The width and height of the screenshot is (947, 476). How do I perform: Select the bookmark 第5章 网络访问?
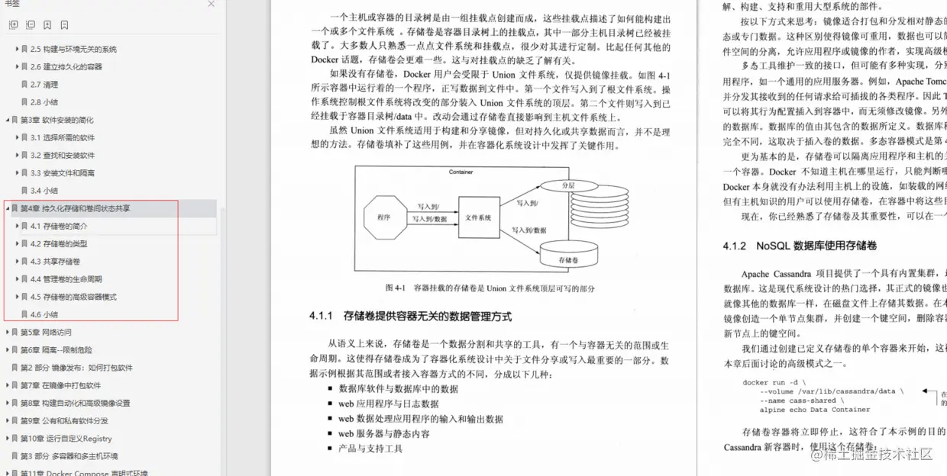pyautogui.click(x=46, y=333)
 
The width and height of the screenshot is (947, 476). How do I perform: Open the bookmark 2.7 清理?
pyautogui.click(x=44, y=85)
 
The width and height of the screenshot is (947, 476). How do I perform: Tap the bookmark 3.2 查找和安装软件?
pyautogui.click(x=63, y=156)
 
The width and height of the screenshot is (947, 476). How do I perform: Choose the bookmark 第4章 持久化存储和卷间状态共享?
pyautogui.click(x=75, y=208)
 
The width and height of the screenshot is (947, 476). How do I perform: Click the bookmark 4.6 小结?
pyautogui.click(x=44, y=314)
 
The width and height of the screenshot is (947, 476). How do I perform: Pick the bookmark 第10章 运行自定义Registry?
pyautogui.click(x=66, y=439)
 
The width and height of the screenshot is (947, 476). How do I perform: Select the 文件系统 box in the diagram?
pyautogui.click(x=478, y=218)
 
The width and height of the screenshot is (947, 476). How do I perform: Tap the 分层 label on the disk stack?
pyautogui.click(x=567, y=185)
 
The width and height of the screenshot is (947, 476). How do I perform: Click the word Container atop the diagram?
pyautogui.click(x=461, y=172)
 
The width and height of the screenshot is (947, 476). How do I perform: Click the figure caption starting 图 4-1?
pyautogui.click(x=490, y=288)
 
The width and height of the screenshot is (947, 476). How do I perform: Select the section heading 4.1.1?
pyautogui.click(x=410, y=316)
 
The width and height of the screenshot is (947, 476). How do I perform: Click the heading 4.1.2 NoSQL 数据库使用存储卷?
pyautogui.click(x=800, y=246)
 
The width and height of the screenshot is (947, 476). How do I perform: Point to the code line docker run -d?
pyautogui.click(x=774, y=382)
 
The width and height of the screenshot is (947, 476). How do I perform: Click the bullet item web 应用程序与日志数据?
pyautogui.click(x=388, y=404)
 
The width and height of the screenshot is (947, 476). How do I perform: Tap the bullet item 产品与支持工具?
pyautogui.click(x=370, y=449)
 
